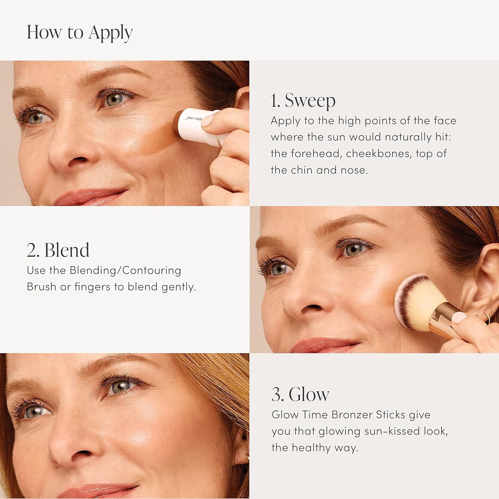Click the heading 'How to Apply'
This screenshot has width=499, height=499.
[x=80, y=33]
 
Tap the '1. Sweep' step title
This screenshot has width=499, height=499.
[x=303, y=100]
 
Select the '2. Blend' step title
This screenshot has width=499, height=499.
[x=58, y=250]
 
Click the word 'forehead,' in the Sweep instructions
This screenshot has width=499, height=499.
[x=316, y=154]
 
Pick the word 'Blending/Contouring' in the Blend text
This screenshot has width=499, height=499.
[x=125, y=270]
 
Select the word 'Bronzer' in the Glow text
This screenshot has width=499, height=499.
[x=352, y=415]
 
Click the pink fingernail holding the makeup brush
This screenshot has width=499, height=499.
[x=460, y=318]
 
